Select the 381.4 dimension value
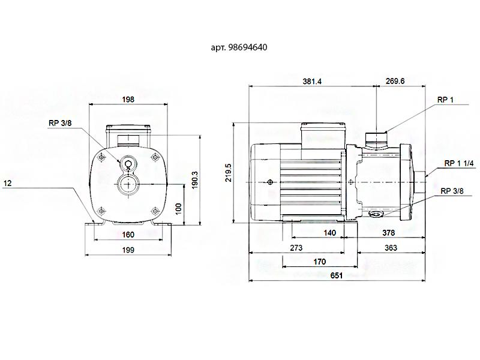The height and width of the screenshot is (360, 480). click(312, 82)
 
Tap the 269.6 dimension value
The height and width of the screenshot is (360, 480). click(395, 81)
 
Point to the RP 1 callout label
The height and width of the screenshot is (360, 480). click(445, 100)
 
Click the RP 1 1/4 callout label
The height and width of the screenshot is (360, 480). click(458, 163)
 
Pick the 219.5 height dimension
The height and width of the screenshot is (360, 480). click(229, 173)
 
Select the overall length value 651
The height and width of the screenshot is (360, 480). click(337, 275)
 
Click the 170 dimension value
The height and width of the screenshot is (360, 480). click(320, 262)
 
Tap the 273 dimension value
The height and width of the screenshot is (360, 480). click(296, 248)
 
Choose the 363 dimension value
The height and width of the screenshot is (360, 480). click(391, 248)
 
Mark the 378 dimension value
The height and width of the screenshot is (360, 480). click(388, 233)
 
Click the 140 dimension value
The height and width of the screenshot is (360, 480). click(329, 233)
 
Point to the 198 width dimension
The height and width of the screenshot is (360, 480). click(128, 100)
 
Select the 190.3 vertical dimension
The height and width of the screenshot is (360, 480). click(195, 180)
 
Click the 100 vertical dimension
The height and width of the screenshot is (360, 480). click(178, 209)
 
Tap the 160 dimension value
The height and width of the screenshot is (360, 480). click(128, 235)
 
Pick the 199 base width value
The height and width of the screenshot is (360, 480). click(128, 250)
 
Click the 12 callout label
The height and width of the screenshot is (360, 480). click(7, 184)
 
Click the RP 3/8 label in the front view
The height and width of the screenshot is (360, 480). click(60, 123)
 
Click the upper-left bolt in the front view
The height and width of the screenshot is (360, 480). click(101, 157)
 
